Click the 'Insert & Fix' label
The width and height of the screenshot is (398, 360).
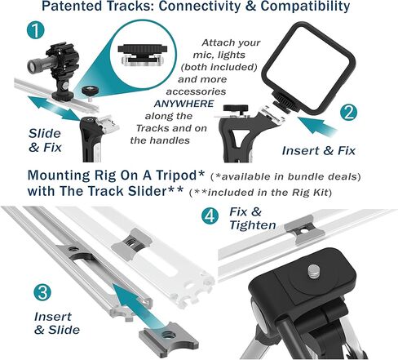(x=319, y=151)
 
